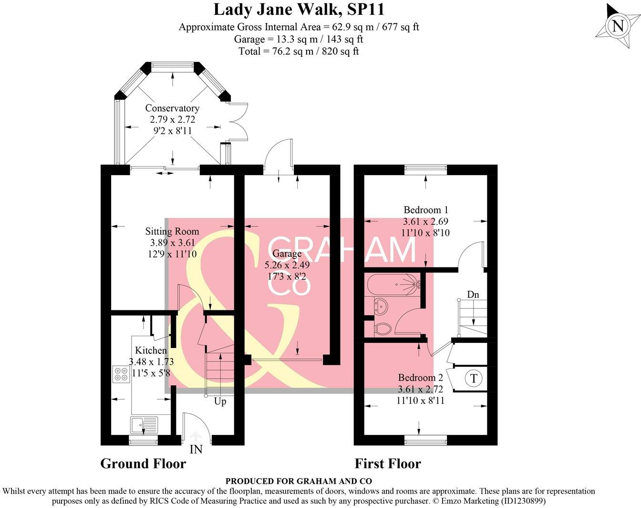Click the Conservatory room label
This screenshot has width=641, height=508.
coord(172,108)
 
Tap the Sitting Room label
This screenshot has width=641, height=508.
coord(172,232)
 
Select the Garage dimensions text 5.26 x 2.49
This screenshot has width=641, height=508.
coord(287,265)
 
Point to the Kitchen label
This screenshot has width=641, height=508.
coord(151,350)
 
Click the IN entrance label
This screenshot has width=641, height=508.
coord(196,449)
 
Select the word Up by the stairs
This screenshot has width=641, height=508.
coord(220,402)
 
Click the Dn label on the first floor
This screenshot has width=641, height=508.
coord(473,295)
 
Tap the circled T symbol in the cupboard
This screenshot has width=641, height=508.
coord(474,379)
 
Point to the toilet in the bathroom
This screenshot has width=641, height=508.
coord(382,328)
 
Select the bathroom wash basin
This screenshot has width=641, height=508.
coord(380,306)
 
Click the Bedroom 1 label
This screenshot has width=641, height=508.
coord(425,210)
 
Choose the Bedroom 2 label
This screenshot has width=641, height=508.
coord(420,378)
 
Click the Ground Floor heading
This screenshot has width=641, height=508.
coord(143,464)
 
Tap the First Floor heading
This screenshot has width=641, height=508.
coord(388,464)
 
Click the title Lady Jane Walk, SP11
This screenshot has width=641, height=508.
coord(299,9)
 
